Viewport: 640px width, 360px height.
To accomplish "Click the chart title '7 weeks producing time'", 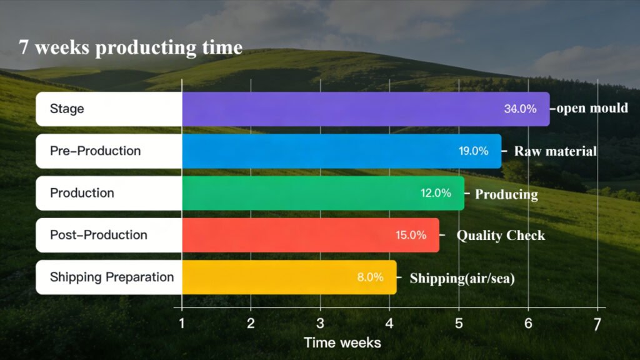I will pos(131,47).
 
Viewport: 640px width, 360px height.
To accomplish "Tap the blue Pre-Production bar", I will pos(325,151).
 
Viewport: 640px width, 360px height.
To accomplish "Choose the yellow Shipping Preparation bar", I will pos(275,277).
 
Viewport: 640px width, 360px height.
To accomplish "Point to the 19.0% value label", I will pos(473,151).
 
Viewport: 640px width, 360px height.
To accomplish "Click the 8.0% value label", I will pos(370,277).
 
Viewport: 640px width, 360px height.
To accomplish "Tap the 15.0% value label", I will pos(411,235).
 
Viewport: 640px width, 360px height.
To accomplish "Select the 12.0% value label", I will pos(436,193).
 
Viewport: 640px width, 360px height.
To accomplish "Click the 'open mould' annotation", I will pos(591,108).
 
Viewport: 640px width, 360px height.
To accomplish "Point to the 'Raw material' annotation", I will pos(555,151).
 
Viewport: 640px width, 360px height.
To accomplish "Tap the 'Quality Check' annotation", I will pos(501,236).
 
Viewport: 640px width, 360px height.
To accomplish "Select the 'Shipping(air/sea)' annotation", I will pos(462,278).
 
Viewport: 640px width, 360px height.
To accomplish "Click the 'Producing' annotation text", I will pos(506,194).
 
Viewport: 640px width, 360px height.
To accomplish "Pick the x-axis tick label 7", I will pos(597,324).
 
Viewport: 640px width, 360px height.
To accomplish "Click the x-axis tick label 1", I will pos(182,324).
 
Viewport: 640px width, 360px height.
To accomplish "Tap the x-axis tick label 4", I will pos(389,324).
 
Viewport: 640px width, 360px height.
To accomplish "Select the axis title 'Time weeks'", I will pos(342,342).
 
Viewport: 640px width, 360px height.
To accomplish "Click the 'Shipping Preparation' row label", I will pos(112,277).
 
